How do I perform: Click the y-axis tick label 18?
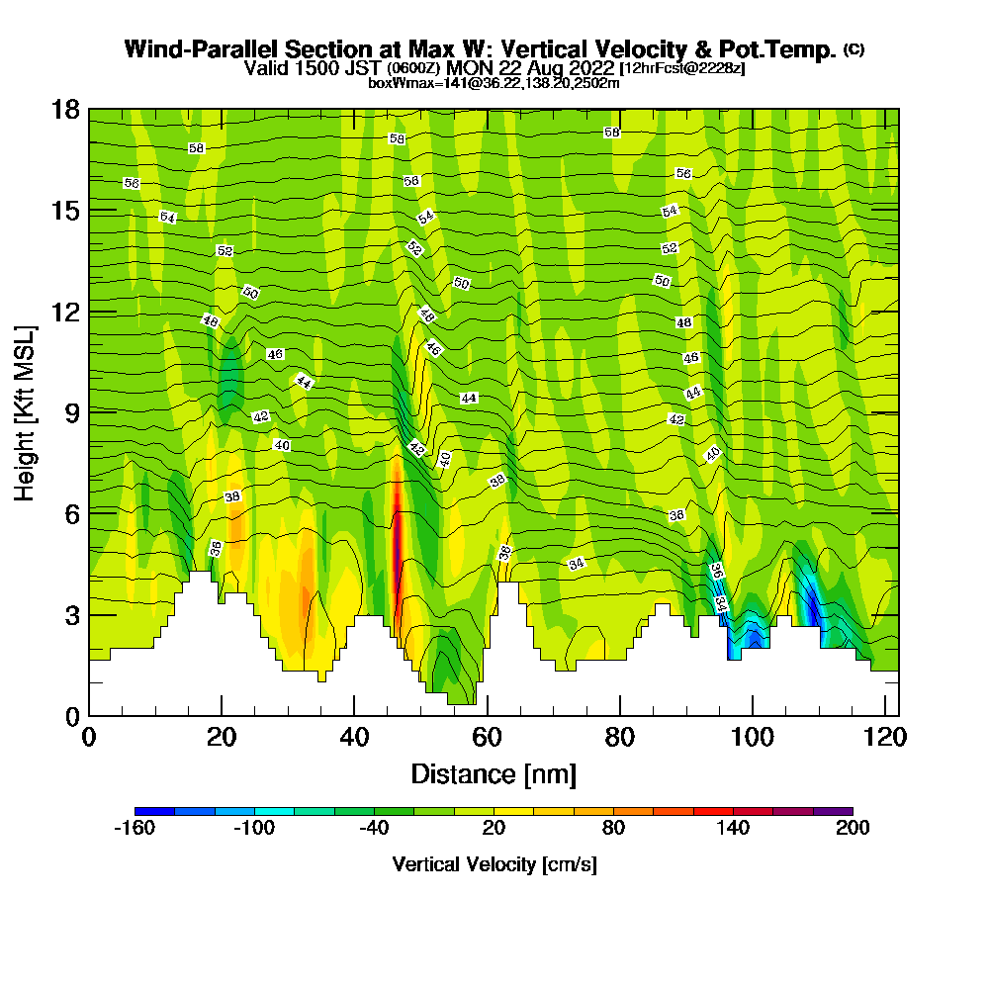66,109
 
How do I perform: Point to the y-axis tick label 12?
66,312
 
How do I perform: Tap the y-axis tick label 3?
72,614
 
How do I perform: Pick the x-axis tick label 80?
620,738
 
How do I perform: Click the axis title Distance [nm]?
494,773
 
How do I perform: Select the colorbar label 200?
852,829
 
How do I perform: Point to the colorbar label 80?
613,829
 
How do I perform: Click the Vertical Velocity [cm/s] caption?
494,864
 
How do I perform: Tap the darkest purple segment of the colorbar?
833,811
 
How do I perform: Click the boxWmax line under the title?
494,83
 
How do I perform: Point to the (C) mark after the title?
854,48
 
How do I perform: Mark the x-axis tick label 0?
89,738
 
